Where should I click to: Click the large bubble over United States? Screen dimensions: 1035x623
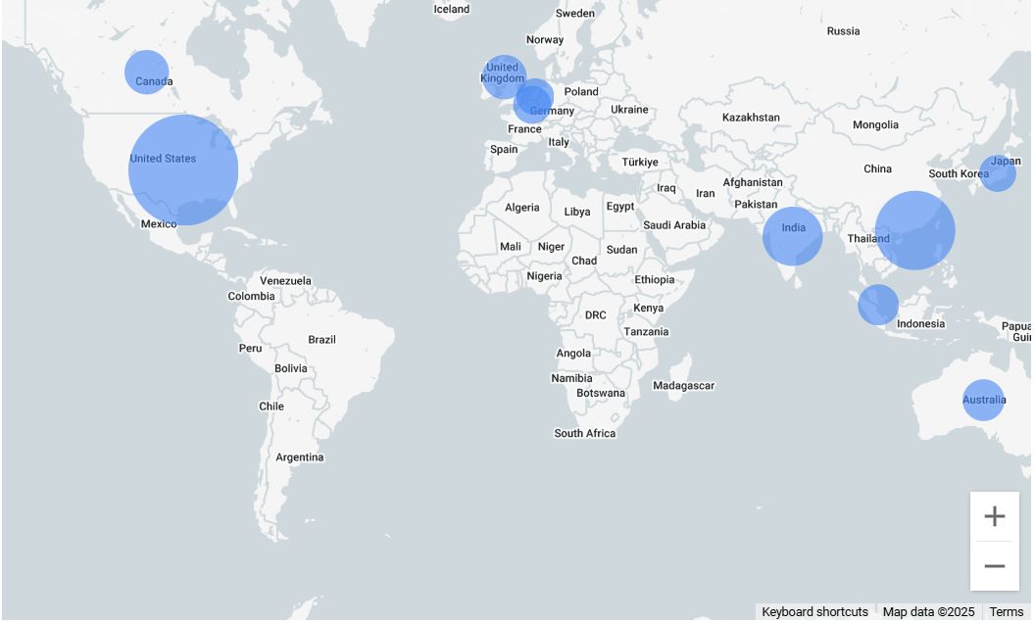[183, 169]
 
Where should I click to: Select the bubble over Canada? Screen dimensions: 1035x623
[147, 72]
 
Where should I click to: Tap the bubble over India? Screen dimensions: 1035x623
[792, 236]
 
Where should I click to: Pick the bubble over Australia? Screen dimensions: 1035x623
[983, 400]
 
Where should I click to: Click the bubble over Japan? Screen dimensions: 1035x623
[998, 173]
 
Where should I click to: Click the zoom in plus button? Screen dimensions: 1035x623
[994, 516]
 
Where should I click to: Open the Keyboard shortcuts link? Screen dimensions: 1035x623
[814, 612]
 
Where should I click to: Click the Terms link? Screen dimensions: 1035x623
[1006, 612]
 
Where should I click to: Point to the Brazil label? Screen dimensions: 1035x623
[321, 340]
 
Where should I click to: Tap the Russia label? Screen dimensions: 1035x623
[843, 31]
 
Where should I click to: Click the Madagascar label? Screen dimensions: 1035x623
[683, 386]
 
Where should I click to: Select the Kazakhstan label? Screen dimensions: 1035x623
[751, 118]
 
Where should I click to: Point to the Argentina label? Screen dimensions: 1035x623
[299, 457]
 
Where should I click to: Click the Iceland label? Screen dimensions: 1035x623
[452, 10]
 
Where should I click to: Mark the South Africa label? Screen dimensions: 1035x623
[585, 433]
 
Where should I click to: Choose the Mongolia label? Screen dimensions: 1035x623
[875, 125]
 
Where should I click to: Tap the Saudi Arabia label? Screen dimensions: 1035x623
[674, 225]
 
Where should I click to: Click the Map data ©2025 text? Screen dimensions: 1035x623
[928, 612]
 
